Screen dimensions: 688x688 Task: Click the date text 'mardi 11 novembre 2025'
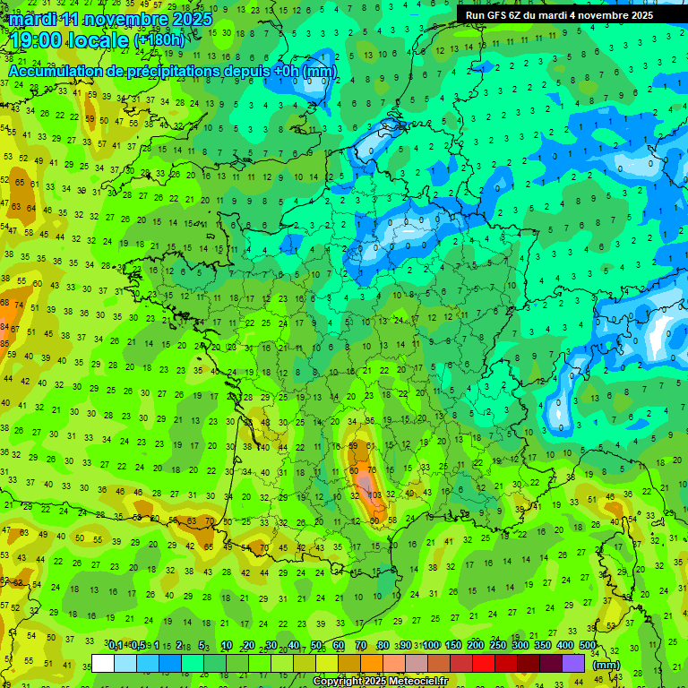click(x=111, y=19)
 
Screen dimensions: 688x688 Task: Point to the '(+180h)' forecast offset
click(x=159, y=40)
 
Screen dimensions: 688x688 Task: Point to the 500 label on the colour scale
click(x=588, y=645)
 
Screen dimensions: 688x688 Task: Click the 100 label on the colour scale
click(x=431, y=645)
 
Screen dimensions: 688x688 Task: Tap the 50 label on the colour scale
click(x=316, y=645)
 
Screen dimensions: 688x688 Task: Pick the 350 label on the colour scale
click(x=543, y=645)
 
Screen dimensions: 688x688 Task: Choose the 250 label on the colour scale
click(x=498, y=645)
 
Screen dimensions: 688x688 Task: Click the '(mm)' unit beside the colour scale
click(x=606, y=665)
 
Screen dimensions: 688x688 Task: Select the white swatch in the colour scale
click(x=103, y=663)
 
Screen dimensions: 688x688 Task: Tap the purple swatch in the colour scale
click(x=573, y=663)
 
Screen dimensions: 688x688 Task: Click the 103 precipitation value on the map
click(x=375, y=494)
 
